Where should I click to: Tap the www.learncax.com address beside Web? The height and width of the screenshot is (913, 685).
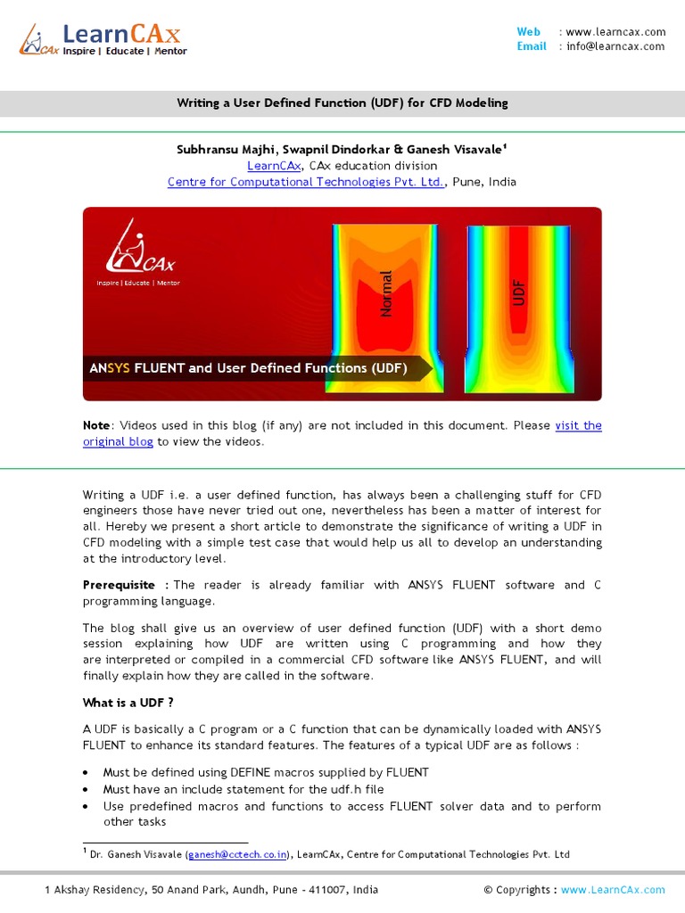click(615, 32)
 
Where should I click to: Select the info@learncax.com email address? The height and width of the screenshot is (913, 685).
click(615, 46)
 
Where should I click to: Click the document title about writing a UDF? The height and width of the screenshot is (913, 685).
click(342, 103)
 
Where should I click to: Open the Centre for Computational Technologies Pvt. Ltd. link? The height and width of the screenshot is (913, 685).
click(306, 182)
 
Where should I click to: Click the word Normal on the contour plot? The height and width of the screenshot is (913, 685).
click(386, 293)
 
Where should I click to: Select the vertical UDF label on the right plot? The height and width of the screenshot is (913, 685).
click(519, 292)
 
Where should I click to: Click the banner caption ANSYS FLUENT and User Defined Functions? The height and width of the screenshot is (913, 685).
click(248, 368)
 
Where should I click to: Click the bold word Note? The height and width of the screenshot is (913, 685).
click(97, 425)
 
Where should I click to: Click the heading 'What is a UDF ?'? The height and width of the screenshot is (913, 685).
click(128, 703)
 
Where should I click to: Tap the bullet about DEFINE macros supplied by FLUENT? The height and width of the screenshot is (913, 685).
click(266, 772)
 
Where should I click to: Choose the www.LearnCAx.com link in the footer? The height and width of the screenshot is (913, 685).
click(613, 890)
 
